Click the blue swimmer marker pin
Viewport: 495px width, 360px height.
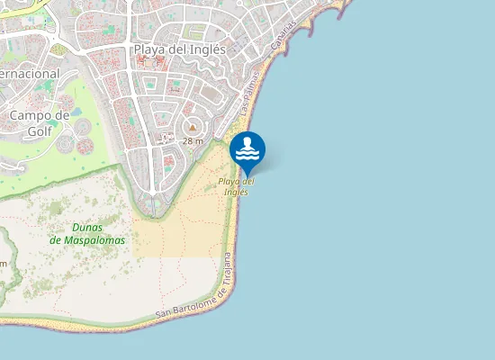click(x=247, y=149)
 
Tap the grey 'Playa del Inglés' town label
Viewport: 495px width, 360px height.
click(x=180, y=49)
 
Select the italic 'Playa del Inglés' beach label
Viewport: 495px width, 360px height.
click(x=236, y=186)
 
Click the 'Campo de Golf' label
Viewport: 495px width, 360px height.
click(x=40, y=122)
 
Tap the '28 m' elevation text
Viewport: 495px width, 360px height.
click(x=193, y=141)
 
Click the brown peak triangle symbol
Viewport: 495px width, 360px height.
click(x=192, y=128)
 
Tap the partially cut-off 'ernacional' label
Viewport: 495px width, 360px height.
click(x=29, y=73)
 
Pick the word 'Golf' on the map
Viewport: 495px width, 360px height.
click(x=40, y=130)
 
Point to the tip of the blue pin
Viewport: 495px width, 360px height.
click(x=247, y=175)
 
